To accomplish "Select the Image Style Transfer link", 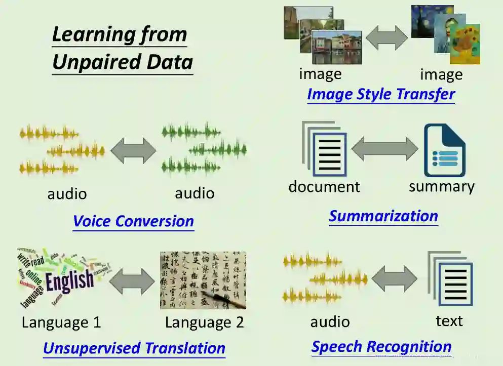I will (x=381, y=94).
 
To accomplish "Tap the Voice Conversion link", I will (x=133, y=221).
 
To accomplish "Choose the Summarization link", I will (x=383, y=216).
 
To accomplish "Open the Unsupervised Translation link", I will (x=134, y=348).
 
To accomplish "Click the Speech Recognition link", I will (x=381, y=347).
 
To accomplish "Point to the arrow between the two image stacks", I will (x=387, y=37).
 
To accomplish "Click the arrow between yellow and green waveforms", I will (x=134, y=150).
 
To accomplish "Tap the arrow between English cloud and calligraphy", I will (x=132, y=280).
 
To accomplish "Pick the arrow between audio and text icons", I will (x=395, y=279).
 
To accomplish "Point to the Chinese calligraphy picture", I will (x=203, y=280).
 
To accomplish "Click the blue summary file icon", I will (x=444, y=150).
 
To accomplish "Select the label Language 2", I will (x=204, y=322).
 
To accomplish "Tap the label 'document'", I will (x=324, y=186).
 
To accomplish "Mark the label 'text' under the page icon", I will (x=449, y=320).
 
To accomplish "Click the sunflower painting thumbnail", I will (x=465, y=44).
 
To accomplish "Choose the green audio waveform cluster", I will (x=204, y=148).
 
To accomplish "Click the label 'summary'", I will (x=442, y=186).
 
